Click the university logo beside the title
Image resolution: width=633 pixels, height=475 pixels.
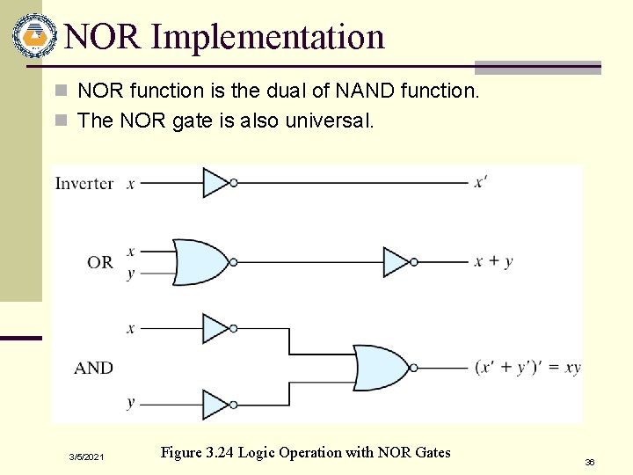click(33, 36)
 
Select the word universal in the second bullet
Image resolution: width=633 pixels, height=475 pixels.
click(330, 121)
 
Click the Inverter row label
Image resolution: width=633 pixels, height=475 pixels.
click(84, 183)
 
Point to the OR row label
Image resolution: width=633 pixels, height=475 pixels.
click(100, 261)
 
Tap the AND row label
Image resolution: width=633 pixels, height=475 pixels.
click(93, 368)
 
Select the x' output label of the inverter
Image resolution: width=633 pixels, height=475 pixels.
click(481, 182)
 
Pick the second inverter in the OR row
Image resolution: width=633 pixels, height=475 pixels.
click(398, 261)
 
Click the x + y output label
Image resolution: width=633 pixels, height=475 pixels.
click(493, 261)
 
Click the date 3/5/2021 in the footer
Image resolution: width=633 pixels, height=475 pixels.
click(87, 457)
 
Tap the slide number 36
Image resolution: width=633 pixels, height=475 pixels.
click(589, 461)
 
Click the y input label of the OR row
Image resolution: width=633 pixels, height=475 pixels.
click(130, 274)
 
